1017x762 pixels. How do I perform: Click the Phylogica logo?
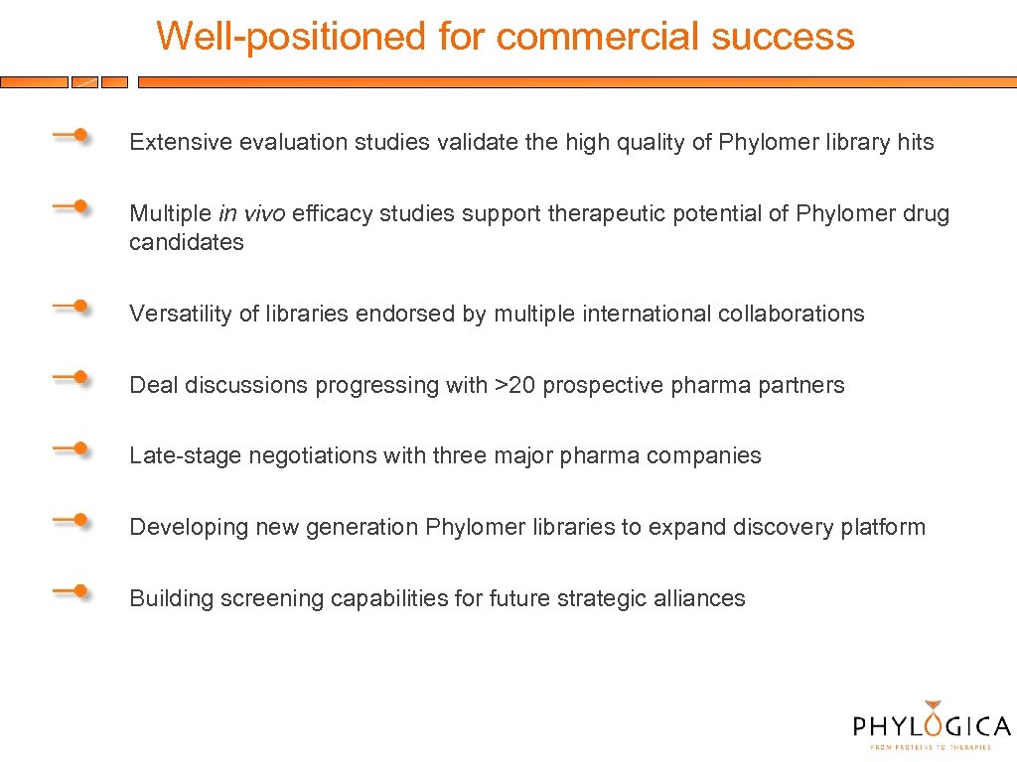coord(931,723)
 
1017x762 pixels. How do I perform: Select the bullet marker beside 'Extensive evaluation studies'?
coord(72,136)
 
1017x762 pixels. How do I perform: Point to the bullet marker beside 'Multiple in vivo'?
coord(72,206)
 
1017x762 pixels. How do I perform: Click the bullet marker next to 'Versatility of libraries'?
coord(72,307)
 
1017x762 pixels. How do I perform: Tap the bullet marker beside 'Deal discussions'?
coord(72,378)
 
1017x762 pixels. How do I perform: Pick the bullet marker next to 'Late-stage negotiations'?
coord(72,448)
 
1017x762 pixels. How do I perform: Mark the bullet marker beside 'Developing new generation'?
coord(72,520)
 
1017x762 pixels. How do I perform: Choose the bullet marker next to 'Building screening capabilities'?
coord(72,591)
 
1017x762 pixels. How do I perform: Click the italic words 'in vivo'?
coord(251,214)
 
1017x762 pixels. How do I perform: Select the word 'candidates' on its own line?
coord(186,242)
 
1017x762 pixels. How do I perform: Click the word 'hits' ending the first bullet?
coord(915,143)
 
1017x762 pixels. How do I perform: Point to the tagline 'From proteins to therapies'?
coord(931,747)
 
